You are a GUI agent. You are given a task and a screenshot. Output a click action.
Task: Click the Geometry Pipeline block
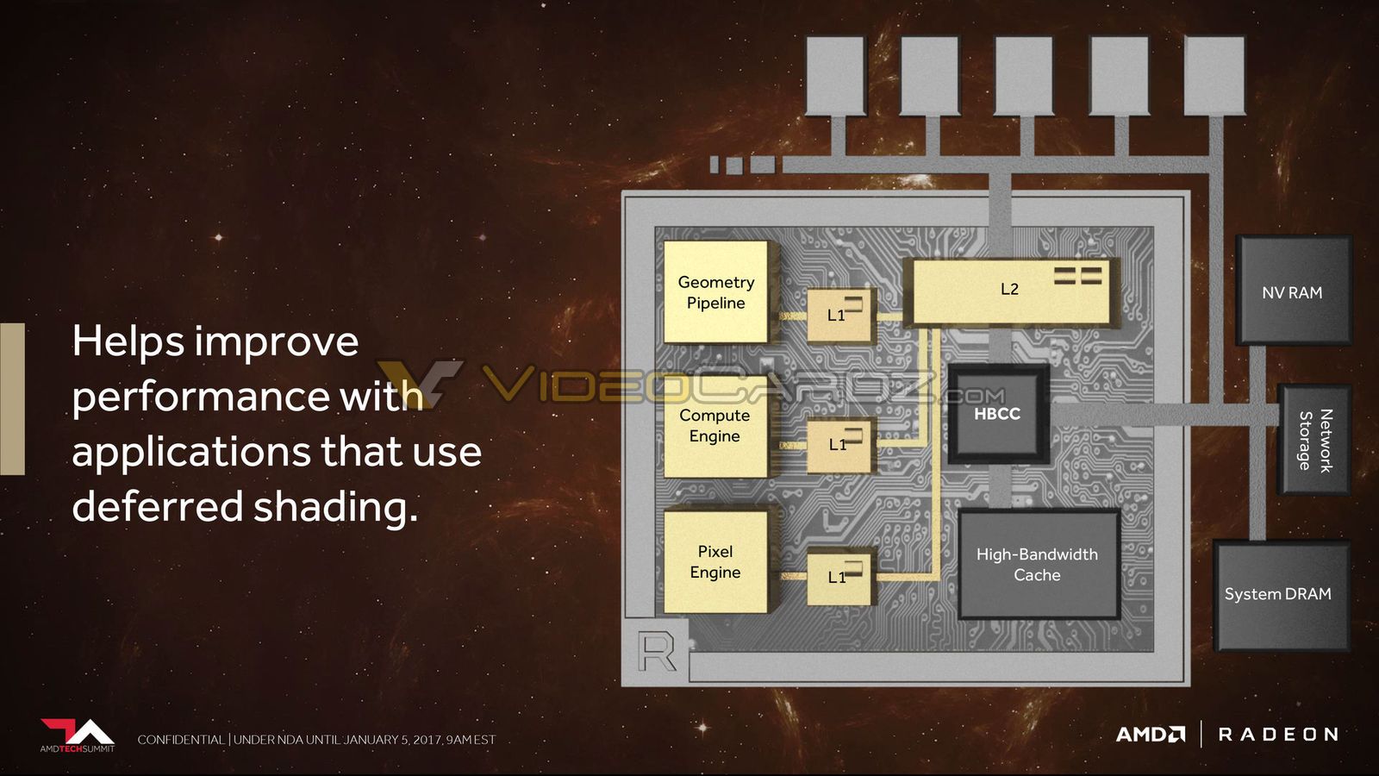[x=716, y=292]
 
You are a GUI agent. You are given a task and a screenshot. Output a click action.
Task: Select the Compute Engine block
[x=716, y=426]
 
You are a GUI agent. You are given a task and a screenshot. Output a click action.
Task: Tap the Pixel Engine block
[x=716, y=561]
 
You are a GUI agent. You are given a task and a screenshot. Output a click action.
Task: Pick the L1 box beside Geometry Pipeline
[x=840, y=316]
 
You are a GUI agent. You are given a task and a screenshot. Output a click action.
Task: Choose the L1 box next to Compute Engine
[x=840, y=445]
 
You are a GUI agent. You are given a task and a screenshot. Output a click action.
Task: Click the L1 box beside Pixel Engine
[x=840, y=578]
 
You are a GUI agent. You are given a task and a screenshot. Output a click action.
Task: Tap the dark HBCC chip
[x=998, y=413]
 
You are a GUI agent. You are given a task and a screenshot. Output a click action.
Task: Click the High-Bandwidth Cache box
[x=1038, y=564]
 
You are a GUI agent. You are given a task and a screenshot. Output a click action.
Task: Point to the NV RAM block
[x=1293, y=291]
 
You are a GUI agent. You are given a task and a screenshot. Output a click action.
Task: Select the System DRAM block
[x=1282, y=595]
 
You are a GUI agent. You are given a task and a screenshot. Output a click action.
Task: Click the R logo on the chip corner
[x=656, y=650]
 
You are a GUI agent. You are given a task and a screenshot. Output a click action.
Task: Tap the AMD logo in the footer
[x=1151, y=735]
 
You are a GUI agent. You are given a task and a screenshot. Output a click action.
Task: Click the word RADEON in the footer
[x=1278, y=735]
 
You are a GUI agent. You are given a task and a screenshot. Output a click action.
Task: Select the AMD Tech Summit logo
[x=78, y=735]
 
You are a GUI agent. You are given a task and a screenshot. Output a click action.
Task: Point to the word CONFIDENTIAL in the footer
[x=181, y=740]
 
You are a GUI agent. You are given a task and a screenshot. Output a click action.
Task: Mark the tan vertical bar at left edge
[x=12, y=399]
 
